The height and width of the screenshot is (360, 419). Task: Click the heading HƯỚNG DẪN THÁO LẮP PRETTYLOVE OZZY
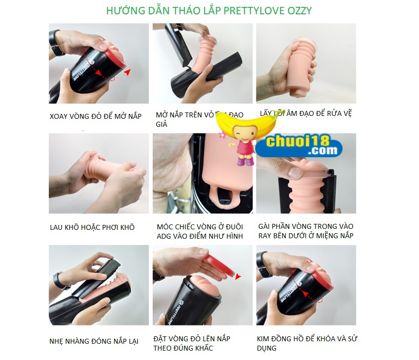pos(209,10)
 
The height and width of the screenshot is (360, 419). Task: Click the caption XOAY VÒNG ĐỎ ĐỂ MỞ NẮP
pos(96,116)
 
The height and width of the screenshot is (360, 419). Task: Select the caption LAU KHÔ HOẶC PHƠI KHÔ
pos(92,227)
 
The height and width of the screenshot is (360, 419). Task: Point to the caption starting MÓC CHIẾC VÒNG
pos(200,231)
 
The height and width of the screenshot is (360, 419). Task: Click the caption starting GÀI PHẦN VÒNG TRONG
pos(306,231)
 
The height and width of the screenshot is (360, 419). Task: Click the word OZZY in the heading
pos(300,10)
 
